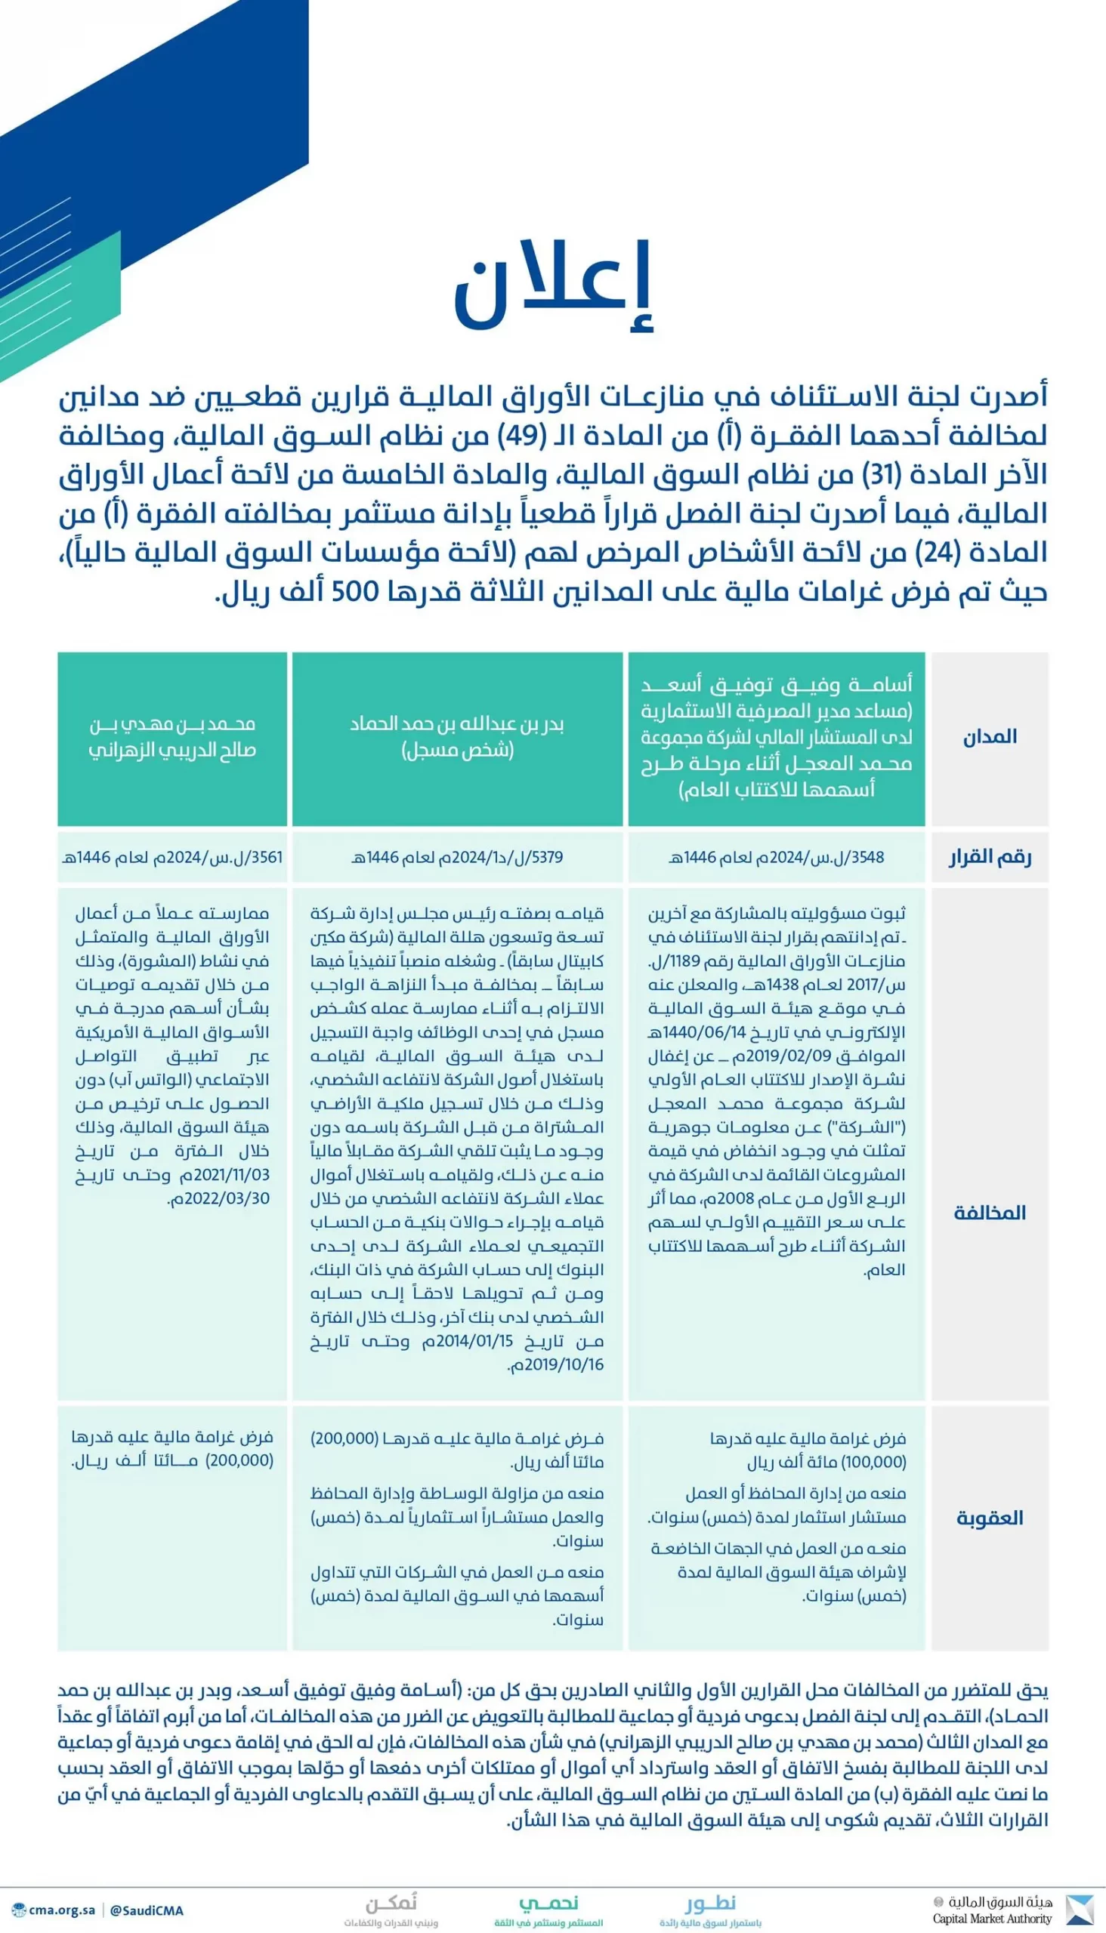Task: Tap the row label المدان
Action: pos(989,736)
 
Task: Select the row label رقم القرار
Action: pos(989,857)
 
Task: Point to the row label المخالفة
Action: pos(989,1213)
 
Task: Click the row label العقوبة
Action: pos(989,1518)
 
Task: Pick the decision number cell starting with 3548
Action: pos(777,857)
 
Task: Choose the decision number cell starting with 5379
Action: pos(456,857)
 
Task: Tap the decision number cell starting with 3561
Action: pos(172,857)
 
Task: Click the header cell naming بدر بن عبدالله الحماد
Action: pos(456,736)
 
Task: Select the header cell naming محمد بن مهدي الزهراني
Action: pos(172,736)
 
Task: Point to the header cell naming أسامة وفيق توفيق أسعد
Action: pos(777,736)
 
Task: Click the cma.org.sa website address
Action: pos(60,1910)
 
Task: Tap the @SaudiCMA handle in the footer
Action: pos(147,1910)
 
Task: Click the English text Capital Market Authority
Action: pos(992,1919)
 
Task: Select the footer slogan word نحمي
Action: pos(548,1903)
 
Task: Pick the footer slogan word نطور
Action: pos(710,1903)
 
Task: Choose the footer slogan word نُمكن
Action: pos(391,1903)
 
